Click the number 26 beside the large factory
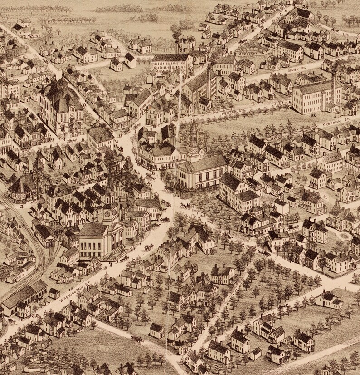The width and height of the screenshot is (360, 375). pyautogui.click(x=313, y=115)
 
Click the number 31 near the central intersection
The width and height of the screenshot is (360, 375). pyautogui.click(x=116, y=142)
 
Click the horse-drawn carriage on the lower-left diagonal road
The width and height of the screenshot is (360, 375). pyautogui.click(x=136, y=339)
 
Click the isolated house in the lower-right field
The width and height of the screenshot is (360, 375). pyautogui.click(x=329, y=299)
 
